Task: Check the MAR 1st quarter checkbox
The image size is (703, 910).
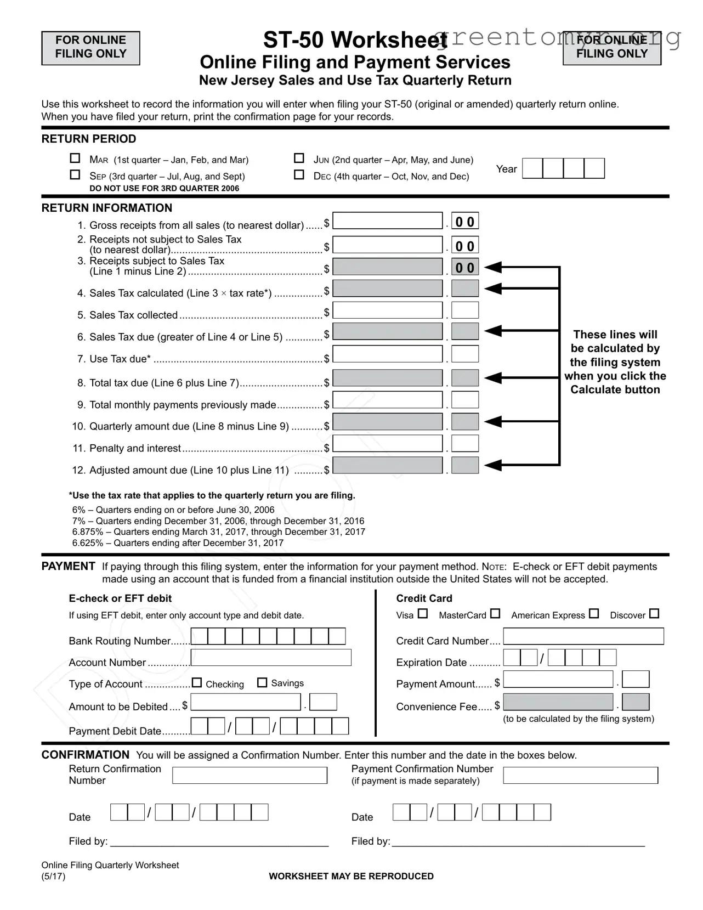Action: [75, 159]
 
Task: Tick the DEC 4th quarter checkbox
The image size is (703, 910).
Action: [299, 175]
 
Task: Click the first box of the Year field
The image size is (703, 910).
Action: [532, 168]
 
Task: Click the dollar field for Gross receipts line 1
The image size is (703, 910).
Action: [387, 221]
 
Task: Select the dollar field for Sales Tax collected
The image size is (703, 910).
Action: [387, 310]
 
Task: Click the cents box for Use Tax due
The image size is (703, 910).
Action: [465, 354]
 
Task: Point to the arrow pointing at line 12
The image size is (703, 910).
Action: [494, 466]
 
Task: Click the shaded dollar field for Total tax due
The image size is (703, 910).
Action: [387, 378]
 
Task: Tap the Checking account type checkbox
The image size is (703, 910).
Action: [197, 683]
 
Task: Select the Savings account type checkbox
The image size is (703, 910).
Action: [262, 683]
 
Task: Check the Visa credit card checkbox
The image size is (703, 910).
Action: [422, 614]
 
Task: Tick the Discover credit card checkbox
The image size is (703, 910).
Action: [654, 614]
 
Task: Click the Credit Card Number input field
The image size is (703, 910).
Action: [583, 636]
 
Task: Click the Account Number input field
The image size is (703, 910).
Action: [271, 658]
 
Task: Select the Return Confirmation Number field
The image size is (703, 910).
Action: [250, 775]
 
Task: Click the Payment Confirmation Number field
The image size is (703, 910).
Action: [580, 775]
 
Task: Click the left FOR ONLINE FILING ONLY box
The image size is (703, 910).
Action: [90, 48]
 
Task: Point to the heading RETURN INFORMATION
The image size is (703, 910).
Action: [107, 208]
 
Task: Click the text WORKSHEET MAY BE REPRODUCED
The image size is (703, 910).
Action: [351, 877]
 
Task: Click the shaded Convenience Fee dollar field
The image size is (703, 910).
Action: [558, 702]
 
